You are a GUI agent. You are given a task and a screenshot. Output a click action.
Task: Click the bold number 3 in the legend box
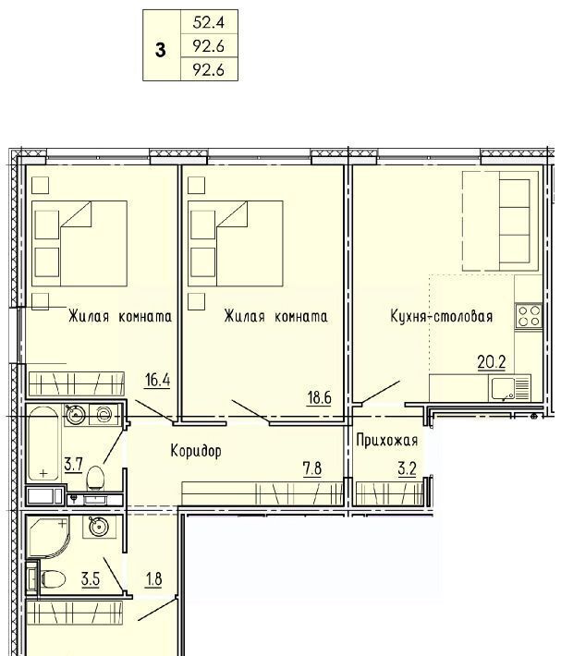160,50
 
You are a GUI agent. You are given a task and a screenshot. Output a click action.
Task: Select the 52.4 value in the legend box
208,22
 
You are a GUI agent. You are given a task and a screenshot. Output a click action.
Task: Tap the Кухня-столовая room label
442,316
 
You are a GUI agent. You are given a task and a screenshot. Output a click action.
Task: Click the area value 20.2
492,362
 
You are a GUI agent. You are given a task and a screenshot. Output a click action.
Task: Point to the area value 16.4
157,381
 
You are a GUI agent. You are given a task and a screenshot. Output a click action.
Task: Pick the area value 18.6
319,397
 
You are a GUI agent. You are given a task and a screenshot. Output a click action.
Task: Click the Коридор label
196,451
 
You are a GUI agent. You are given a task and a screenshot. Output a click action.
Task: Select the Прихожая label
387,440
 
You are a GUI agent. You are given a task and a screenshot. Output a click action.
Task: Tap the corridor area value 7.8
312,468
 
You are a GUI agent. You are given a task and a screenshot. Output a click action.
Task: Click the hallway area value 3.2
407,469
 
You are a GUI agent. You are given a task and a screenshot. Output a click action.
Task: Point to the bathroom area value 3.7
73,465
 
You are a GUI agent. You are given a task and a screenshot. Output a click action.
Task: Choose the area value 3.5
91,579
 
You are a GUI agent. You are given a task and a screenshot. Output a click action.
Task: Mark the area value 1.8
154,579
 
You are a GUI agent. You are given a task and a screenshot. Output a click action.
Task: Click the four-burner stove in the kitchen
529,316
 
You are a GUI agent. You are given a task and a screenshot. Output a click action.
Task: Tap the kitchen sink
503,389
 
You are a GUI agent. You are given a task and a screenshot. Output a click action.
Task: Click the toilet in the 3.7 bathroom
95,479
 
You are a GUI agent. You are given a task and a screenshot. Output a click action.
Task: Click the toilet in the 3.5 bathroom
54,579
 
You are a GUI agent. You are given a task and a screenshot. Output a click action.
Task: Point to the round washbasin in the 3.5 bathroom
99,527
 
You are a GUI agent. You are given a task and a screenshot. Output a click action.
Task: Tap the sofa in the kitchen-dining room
500,221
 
